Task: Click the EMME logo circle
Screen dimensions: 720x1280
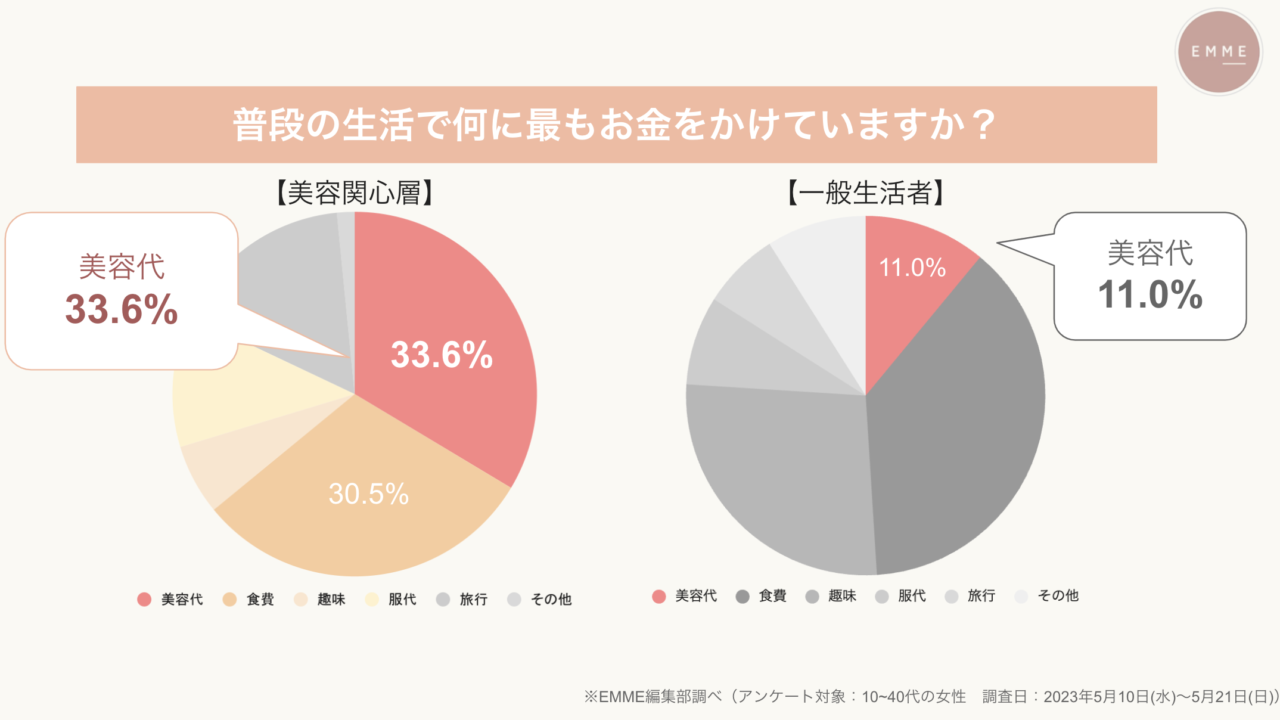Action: click(1217, 52)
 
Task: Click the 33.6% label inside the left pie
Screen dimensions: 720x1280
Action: click(441, 355)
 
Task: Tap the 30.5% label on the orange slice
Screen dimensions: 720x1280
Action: click(368, 493)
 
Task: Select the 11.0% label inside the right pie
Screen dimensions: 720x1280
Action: click(912, 268)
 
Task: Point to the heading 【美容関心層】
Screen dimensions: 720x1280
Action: click(354, 193)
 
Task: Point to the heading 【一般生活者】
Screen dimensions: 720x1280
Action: click(866, 193)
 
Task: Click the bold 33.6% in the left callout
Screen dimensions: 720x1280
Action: click(121, 310)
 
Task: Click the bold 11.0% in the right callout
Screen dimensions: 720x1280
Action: click(1150, 294)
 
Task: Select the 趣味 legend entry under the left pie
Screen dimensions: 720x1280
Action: click(321, 600)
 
